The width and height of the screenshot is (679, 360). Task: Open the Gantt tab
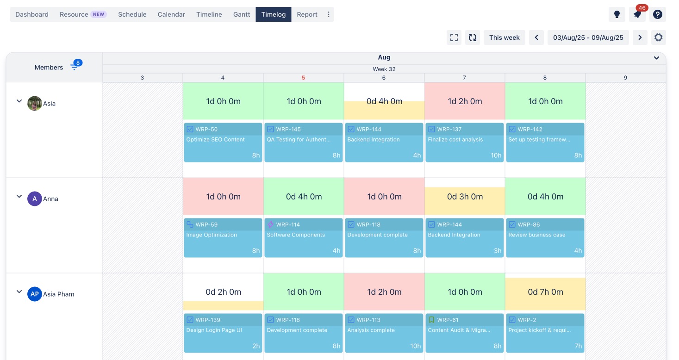(242, 14)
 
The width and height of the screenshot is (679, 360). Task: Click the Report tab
(307, 14)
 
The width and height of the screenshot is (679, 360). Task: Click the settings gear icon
(658, 37)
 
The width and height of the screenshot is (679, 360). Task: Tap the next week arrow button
(640, 37)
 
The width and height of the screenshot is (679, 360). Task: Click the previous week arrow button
(536, 37)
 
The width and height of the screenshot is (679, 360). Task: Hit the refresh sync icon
(473, 37)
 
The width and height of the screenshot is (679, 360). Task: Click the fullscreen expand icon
(454, 37)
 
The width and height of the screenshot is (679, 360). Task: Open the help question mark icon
(658, 14)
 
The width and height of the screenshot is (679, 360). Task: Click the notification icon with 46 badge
(637, 14)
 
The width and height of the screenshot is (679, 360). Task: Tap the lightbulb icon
(617, 14)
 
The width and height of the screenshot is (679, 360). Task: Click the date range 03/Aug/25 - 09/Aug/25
(588, 37)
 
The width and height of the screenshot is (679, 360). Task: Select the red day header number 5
(303, 78)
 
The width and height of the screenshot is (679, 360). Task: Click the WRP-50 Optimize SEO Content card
(223, 143)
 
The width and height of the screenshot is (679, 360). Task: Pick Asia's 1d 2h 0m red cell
(464, 101)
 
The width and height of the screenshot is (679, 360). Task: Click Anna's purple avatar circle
(35, 199)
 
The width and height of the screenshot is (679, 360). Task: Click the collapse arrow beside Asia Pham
(19, 292)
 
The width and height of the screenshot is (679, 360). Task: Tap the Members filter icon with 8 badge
(75, 67)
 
